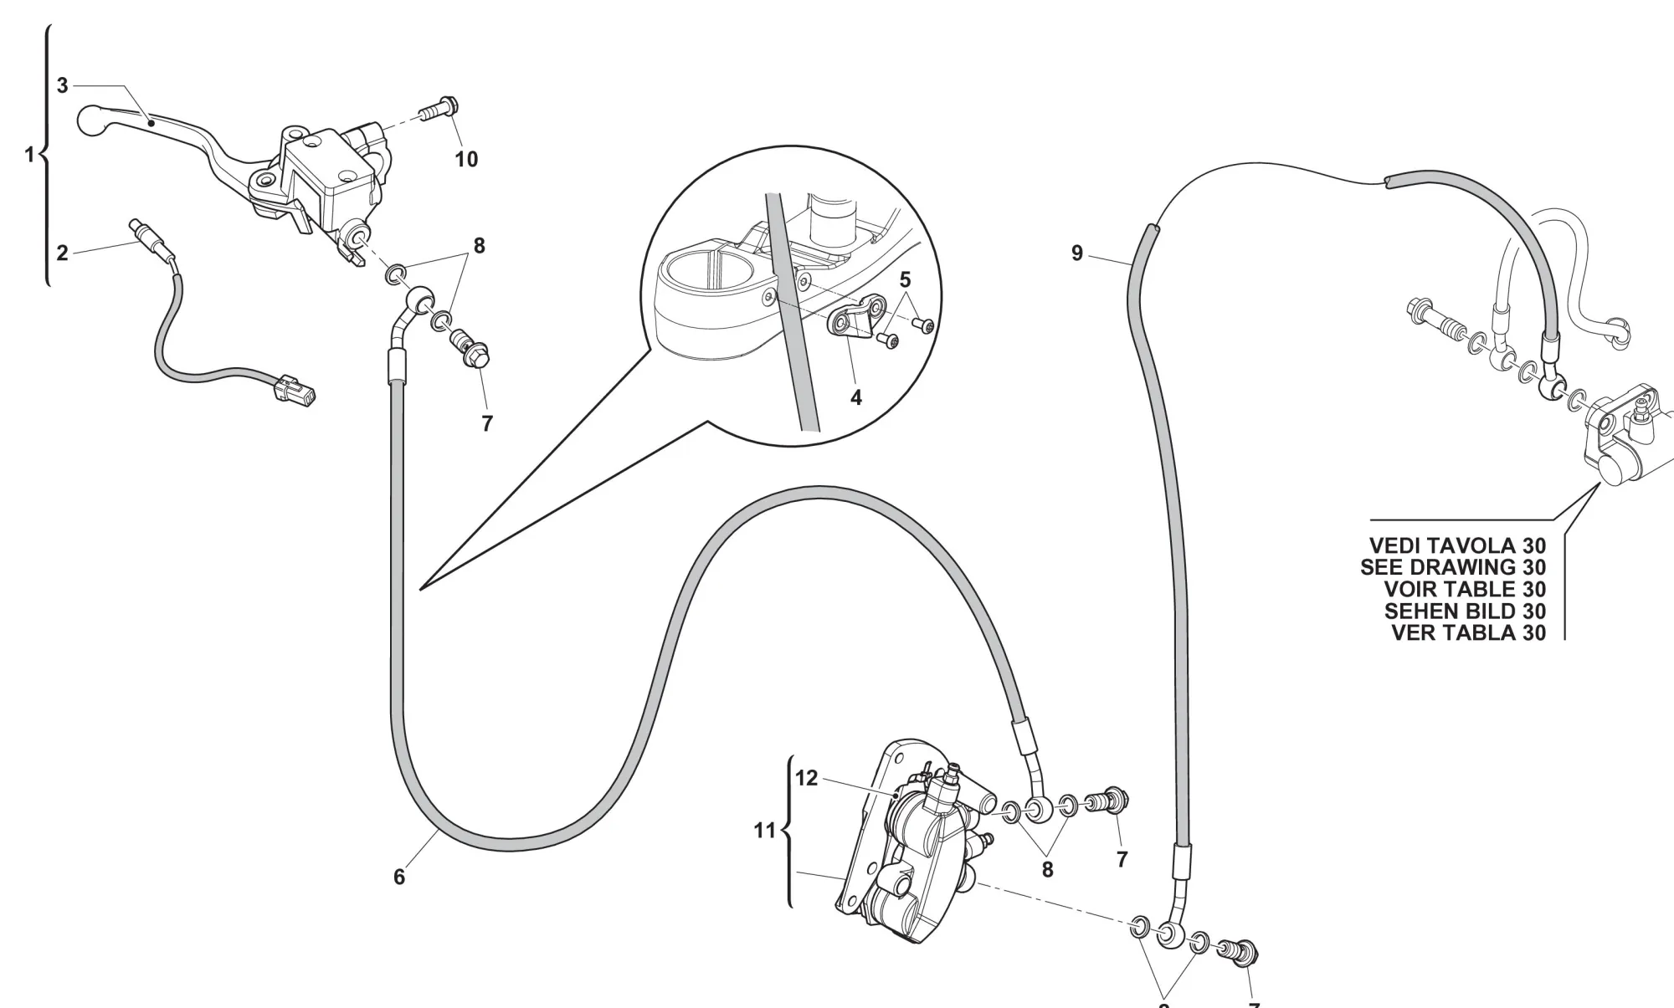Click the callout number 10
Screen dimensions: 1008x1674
point(466,159)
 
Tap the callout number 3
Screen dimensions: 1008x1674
point(62,85)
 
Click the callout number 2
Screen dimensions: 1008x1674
point(62,253)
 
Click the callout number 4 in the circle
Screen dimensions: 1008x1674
point(855,398)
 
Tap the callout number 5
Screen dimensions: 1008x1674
point(905,279)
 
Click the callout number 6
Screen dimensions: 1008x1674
point(399,877)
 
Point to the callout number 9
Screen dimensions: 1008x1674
point(1077,253)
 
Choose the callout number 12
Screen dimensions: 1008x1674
point(806,779)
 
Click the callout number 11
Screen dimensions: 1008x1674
point(765,831)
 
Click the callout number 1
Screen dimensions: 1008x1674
point(29,155)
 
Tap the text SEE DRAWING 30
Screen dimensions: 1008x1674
point(1453,568)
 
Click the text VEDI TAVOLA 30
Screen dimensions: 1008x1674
point(1457,546)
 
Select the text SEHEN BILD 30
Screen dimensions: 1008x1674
point(1465,611)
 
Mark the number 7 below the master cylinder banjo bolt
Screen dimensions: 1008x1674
point(487,424)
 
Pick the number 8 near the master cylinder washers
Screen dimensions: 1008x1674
point(479,246)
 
